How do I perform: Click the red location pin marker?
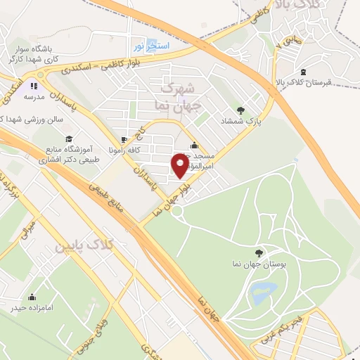[180, 165]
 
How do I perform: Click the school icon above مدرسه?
[30, 83]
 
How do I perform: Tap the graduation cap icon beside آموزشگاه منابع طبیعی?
[69, 139]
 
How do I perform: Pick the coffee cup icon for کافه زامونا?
[125, 139]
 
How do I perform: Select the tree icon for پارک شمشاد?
[241, 110]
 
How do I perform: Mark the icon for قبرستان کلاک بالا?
[303, 72]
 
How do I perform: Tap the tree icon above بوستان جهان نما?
[260, 252]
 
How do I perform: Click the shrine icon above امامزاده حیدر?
[30, 297]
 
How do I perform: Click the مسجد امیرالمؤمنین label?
[202, 157]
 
